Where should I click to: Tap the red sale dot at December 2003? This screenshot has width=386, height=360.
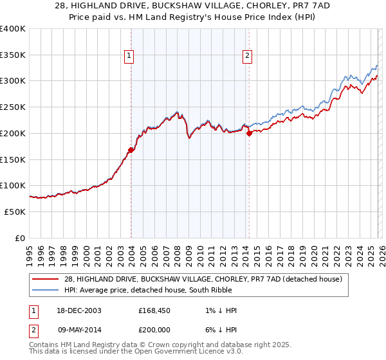(x=131, y=150)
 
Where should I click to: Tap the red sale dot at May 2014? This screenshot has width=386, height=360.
(x=249, y=134)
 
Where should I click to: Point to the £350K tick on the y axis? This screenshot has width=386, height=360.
(x=13, y=55)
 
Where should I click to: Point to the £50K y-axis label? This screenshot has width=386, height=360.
(x=15, y=212)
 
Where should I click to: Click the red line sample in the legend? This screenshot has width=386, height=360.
(x=46, y=279)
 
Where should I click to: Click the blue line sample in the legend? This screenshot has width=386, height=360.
(x=46, y=290)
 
